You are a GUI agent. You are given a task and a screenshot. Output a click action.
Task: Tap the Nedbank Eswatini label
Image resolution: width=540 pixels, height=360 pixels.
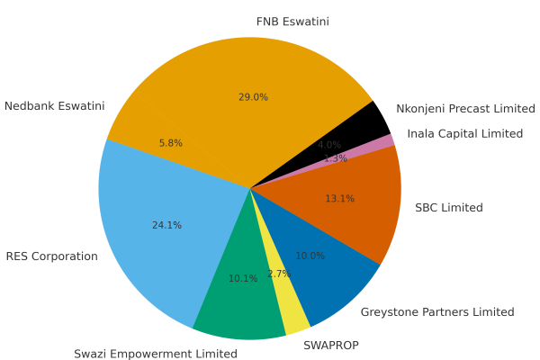click(x=54, y=106)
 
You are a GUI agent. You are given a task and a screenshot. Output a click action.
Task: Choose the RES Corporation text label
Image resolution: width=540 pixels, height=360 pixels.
click(x=51, y=256)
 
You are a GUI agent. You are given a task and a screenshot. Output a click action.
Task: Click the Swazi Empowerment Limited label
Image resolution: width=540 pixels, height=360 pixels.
click(x=156, y=354)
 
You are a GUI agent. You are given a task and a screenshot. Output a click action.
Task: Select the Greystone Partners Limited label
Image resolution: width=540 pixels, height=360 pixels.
click(x=437, y=312)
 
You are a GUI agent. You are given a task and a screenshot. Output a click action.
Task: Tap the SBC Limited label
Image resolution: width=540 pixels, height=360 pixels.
click(x=449, y=208)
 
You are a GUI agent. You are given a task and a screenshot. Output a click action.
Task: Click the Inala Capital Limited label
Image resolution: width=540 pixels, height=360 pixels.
click(x=465, y=134)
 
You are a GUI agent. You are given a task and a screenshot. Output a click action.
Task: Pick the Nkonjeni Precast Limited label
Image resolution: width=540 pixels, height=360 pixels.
click(x=466, y=109)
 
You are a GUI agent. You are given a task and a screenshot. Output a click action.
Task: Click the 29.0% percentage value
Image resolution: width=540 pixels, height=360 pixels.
click(x=253, y=97)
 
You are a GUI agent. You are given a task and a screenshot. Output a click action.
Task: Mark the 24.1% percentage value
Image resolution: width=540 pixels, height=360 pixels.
click(x=166, y=225)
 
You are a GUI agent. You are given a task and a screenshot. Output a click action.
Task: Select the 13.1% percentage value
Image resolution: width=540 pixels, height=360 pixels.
click(x=339, y=199)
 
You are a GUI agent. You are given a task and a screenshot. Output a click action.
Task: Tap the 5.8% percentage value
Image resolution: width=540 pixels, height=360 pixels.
click(x=171, y=143)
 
